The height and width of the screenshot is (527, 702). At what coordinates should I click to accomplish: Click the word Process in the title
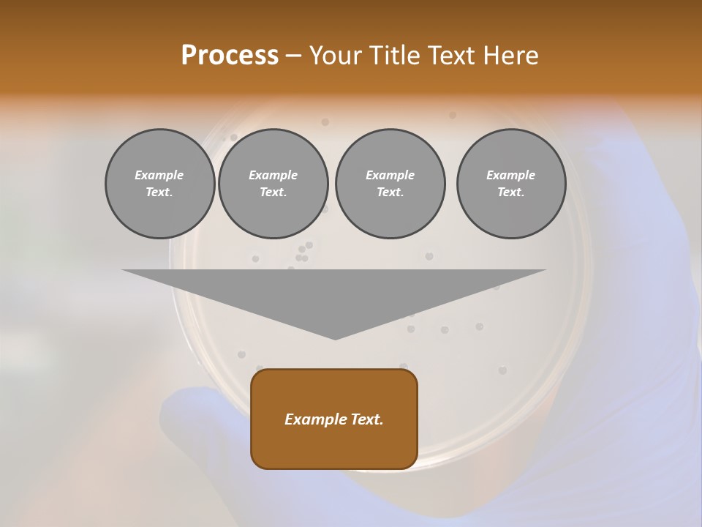coord(230,56)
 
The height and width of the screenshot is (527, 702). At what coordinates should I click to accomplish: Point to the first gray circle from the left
coord(160,184)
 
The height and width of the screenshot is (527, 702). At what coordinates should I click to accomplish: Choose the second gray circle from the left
coord(273,184)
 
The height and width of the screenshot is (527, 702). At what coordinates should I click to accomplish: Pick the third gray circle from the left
coord(390,184)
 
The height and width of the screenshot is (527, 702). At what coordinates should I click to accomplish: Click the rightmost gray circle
coord(511,184)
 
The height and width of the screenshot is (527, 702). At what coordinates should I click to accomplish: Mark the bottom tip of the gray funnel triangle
coord(335,338)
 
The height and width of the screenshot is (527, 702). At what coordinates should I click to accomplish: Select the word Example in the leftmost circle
coord(159,175)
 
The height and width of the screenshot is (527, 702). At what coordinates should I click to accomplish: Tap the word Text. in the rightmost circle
coord(511,193)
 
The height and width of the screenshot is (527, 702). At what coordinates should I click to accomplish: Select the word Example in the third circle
coord(390,175)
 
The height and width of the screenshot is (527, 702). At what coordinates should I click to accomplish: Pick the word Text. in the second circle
coord(273,193)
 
